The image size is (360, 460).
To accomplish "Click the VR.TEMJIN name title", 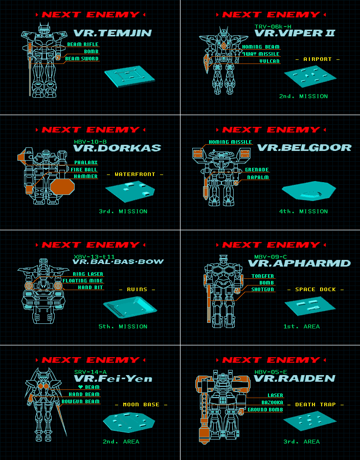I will (x=112, y=33).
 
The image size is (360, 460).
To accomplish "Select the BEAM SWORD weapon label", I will (x=82, y=59).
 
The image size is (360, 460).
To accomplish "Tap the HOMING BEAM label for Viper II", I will (x=261, y=47).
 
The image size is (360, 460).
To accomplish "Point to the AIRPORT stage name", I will (x=318, y=59).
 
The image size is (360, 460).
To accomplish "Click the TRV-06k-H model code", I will (x=273, y=26).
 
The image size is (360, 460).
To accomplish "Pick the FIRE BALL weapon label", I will (x=84, y=169).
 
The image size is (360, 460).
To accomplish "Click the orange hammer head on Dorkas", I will (x=62, y=186).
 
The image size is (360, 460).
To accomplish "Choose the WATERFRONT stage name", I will (x=135, y=174).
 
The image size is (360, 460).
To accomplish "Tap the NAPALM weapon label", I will (x=259, y=177).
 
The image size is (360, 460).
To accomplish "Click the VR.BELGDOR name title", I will (x=304, y=148).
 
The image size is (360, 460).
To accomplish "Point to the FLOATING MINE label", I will (x=83, y=281).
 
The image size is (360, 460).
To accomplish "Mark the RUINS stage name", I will (x=137, y=290).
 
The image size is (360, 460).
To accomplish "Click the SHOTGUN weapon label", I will (x=262, y=290).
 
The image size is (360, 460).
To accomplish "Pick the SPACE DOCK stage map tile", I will (x=310, y=305).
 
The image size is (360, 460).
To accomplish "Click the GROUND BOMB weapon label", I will (x=265, y=410).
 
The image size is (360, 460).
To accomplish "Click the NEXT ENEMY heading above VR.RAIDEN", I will (x=270, y=360).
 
